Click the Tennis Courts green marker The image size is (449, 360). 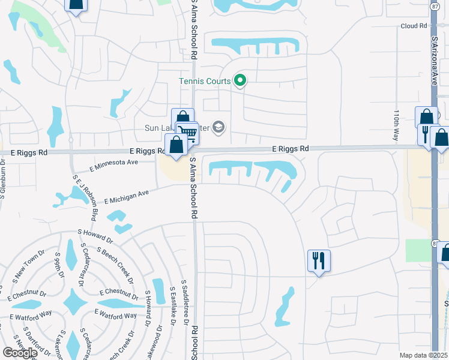[240, 80]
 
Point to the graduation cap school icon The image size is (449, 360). [218, 127]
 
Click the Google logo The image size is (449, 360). [19, 352]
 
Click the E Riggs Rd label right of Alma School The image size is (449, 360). [291, 148]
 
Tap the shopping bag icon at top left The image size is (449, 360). [75, 5]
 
